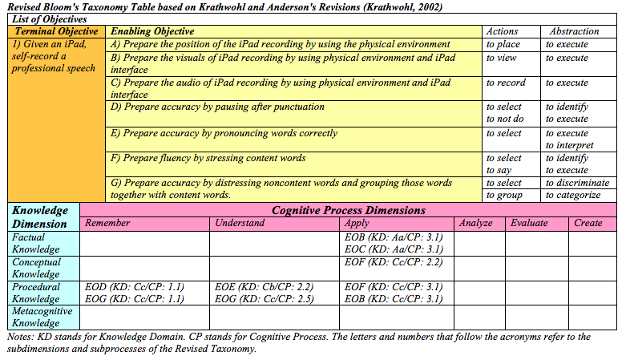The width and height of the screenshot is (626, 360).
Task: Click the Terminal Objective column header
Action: click(x=56, y=31)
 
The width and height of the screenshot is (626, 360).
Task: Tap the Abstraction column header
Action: click(x=575, y=31)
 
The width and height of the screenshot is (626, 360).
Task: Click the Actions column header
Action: click(x=503, y=31)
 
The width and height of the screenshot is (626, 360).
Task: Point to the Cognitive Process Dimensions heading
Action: click(x=349, y=210)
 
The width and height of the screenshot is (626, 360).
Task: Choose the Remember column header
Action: click(x=107, y=223)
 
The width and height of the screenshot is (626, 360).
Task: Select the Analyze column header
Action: click(x=476, y=223)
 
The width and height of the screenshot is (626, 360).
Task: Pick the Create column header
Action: click(x=588, y=223)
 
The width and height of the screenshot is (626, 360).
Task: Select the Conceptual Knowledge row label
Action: click(x=37, y=268)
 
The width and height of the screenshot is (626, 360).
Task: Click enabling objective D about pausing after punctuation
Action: click(x=217, y=107)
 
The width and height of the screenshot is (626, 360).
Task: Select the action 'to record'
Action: click(x=506, y=83)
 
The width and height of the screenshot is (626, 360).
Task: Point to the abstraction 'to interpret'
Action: click(x=570, y=145)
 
